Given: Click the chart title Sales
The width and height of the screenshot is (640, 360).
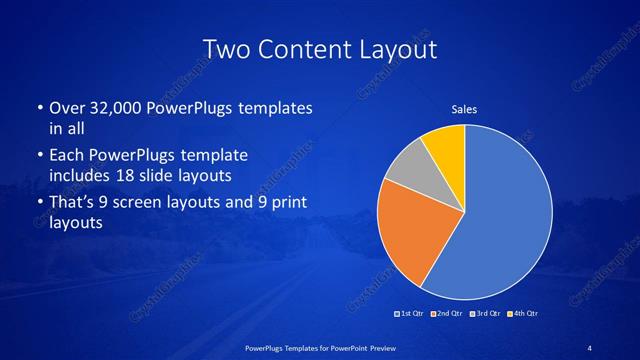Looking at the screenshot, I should click(x=464, y=108).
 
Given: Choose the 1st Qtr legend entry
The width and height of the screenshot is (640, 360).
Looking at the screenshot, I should click(x=410, y=314).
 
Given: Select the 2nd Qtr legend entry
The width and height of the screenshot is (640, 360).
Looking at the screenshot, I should click(x=445, y=314).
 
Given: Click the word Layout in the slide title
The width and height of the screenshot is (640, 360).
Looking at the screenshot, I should click(x=396, y=49).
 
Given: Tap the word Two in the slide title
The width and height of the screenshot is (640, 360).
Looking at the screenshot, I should click(x=225, y=49).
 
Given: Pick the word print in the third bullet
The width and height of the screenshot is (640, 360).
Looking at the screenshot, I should click(x=284, y=203).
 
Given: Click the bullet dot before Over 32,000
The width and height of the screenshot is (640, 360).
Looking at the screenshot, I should click(x=39, y=108).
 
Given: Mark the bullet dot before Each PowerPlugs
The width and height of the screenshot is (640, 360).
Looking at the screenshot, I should click(x=39, y=157).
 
